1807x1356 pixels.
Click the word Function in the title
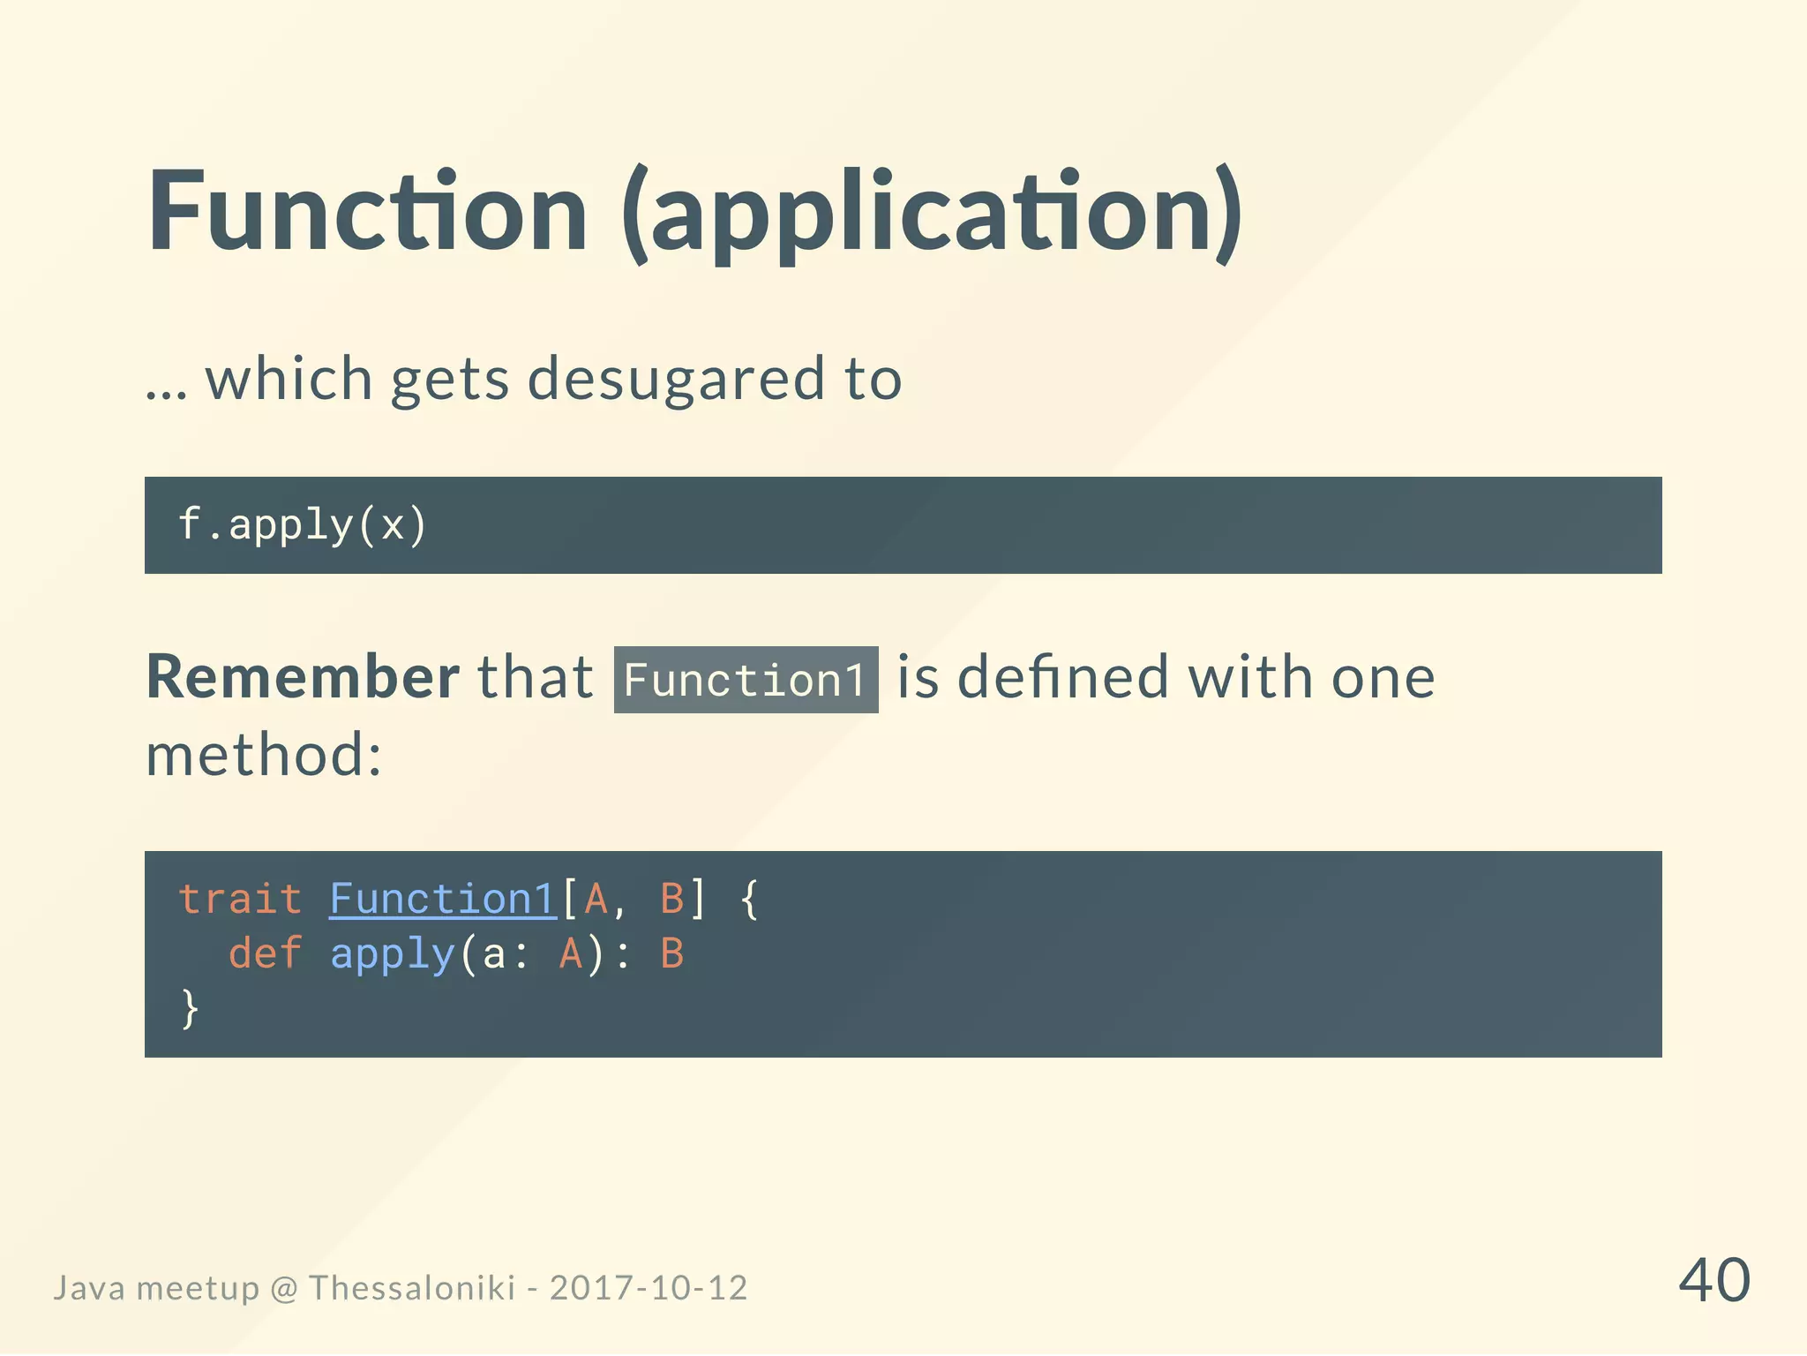367,212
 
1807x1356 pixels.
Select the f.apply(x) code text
303,524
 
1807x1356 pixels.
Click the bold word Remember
303,677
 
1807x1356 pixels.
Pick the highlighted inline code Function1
746,680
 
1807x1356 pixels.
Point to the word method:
264,755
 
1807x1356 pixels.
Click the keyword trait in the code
240,899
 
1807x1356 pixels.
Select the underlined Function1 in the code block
442,899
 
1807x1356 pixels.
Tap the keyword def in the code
265,953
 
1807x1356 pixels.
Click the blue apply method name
392,954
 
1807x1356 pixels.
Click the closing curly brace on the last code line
189,1007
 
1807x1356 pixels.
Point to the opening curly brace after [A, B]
749,899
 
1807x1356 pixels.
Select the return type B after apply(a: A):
672,953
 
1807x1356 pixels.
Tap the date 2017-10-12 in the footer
649,1288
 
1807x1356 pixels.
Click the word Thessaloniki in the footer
411,1288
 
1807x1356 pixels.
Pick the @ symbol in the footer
284,1289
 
